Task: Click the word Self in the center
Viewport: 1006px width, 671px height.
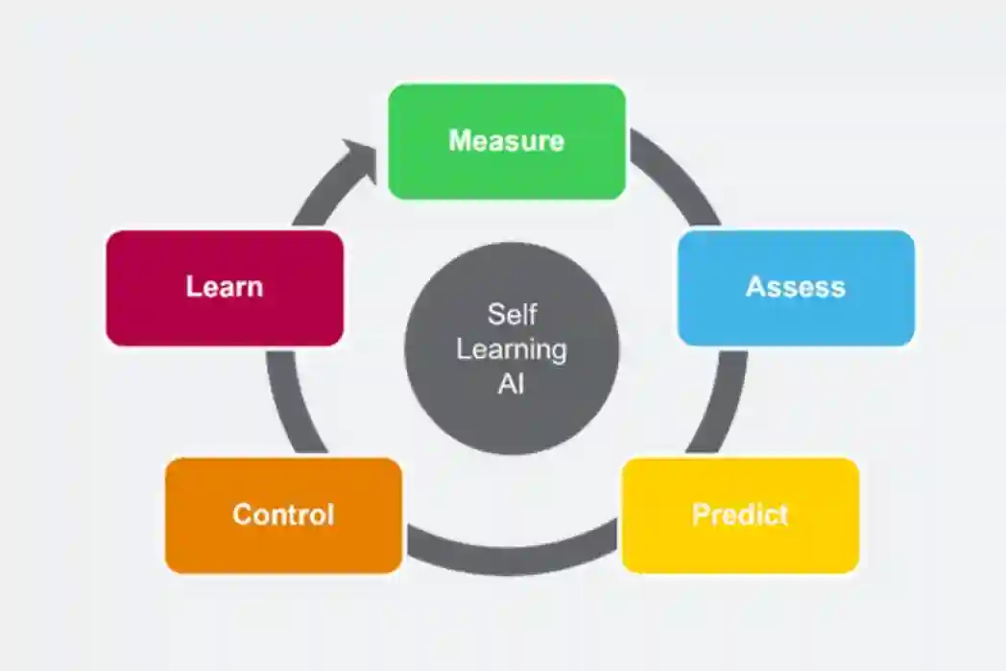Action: pos(511,314)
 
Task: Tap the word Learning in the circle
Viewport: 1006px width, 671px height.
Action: pos(511,349)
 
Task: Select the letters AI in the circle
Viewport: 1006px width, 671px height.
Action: pos(511,385)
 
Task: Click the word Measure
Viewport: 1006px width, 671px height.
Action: pos(506,141)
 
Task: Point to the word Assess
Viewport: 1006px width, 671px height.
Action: pos(796,287)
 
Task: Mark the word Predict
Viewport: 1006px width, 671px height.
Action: pos(740,515)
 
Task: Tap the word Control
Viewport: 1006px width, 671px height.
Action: pos(283,515)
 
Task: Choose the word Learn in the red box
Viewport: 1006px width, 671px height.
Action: pos(224,286)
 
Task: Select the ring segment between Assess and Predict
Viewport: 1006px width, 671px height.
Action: pos(727,403)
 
